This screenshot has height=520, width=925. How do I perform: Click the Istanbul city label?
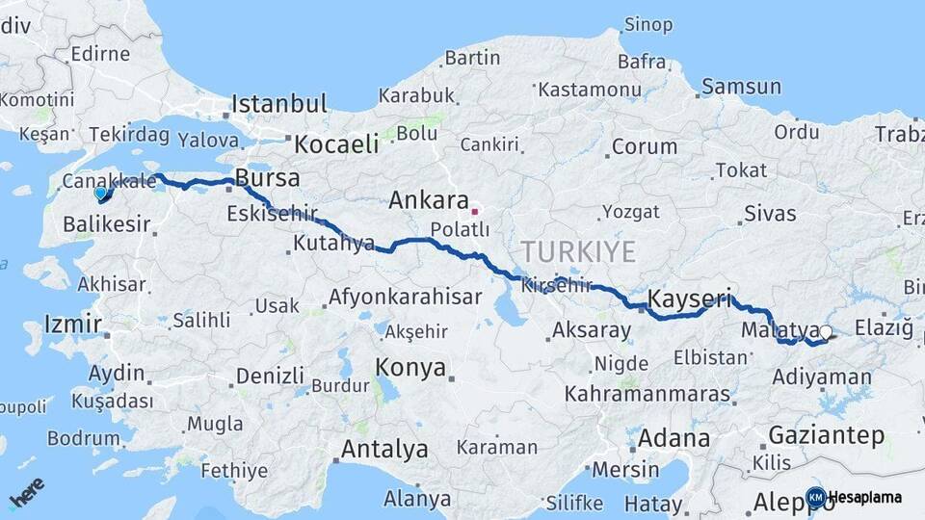(x=279, y=103)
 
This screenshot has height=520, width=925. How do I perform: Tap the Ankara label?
(x=429, y=201)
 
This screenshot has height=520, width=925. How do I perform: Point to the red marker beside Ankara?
(x=474, y=210)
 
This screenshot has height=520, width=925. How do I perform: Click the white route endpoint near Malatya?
(x=825, y=332)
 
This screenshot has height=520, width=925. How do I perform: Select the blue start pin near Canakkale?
(x=100, y=194)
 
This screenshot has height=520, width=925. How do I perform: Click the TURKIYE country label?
(x=577, y=251)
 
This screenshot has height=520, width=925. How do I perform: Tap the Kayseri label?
(x=690, y=298)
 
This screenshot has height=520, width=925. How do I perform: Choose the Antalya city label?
(x=384, y=449)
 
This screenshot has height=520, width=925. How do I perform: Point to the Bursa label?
(x=268, y=178)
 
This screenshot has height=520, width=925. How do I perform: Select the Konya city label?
(x=410, y=367)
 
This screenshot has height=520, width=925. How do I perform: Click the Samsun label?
(x=741, y=87)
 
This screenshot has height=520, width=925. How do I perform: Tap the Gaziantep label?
(x=827, y=435)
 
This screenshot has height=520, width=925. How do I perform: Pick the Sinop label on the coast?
(x=648, y=24)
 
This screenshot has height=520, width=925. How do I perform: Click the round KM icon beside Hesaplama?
(x=815, y=497)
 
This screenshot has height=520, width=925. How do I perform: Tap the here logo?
(x=27, y=492)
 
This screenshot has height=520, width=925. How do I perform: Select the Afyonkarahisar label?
(x=405, y=297)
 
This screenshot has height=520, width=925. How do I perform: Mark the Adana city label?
(x=674, y=438)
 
